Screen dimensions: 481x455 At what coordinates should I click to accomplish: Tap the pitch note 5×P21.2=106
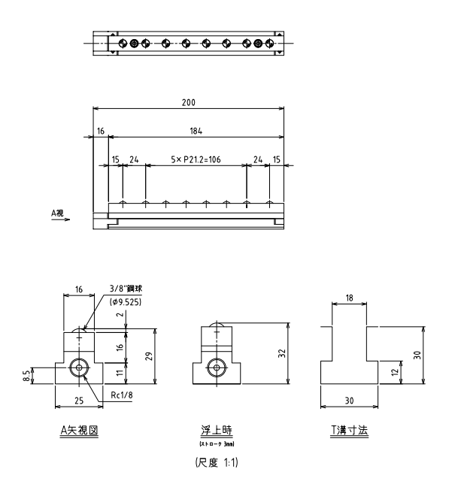(196, 160)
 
